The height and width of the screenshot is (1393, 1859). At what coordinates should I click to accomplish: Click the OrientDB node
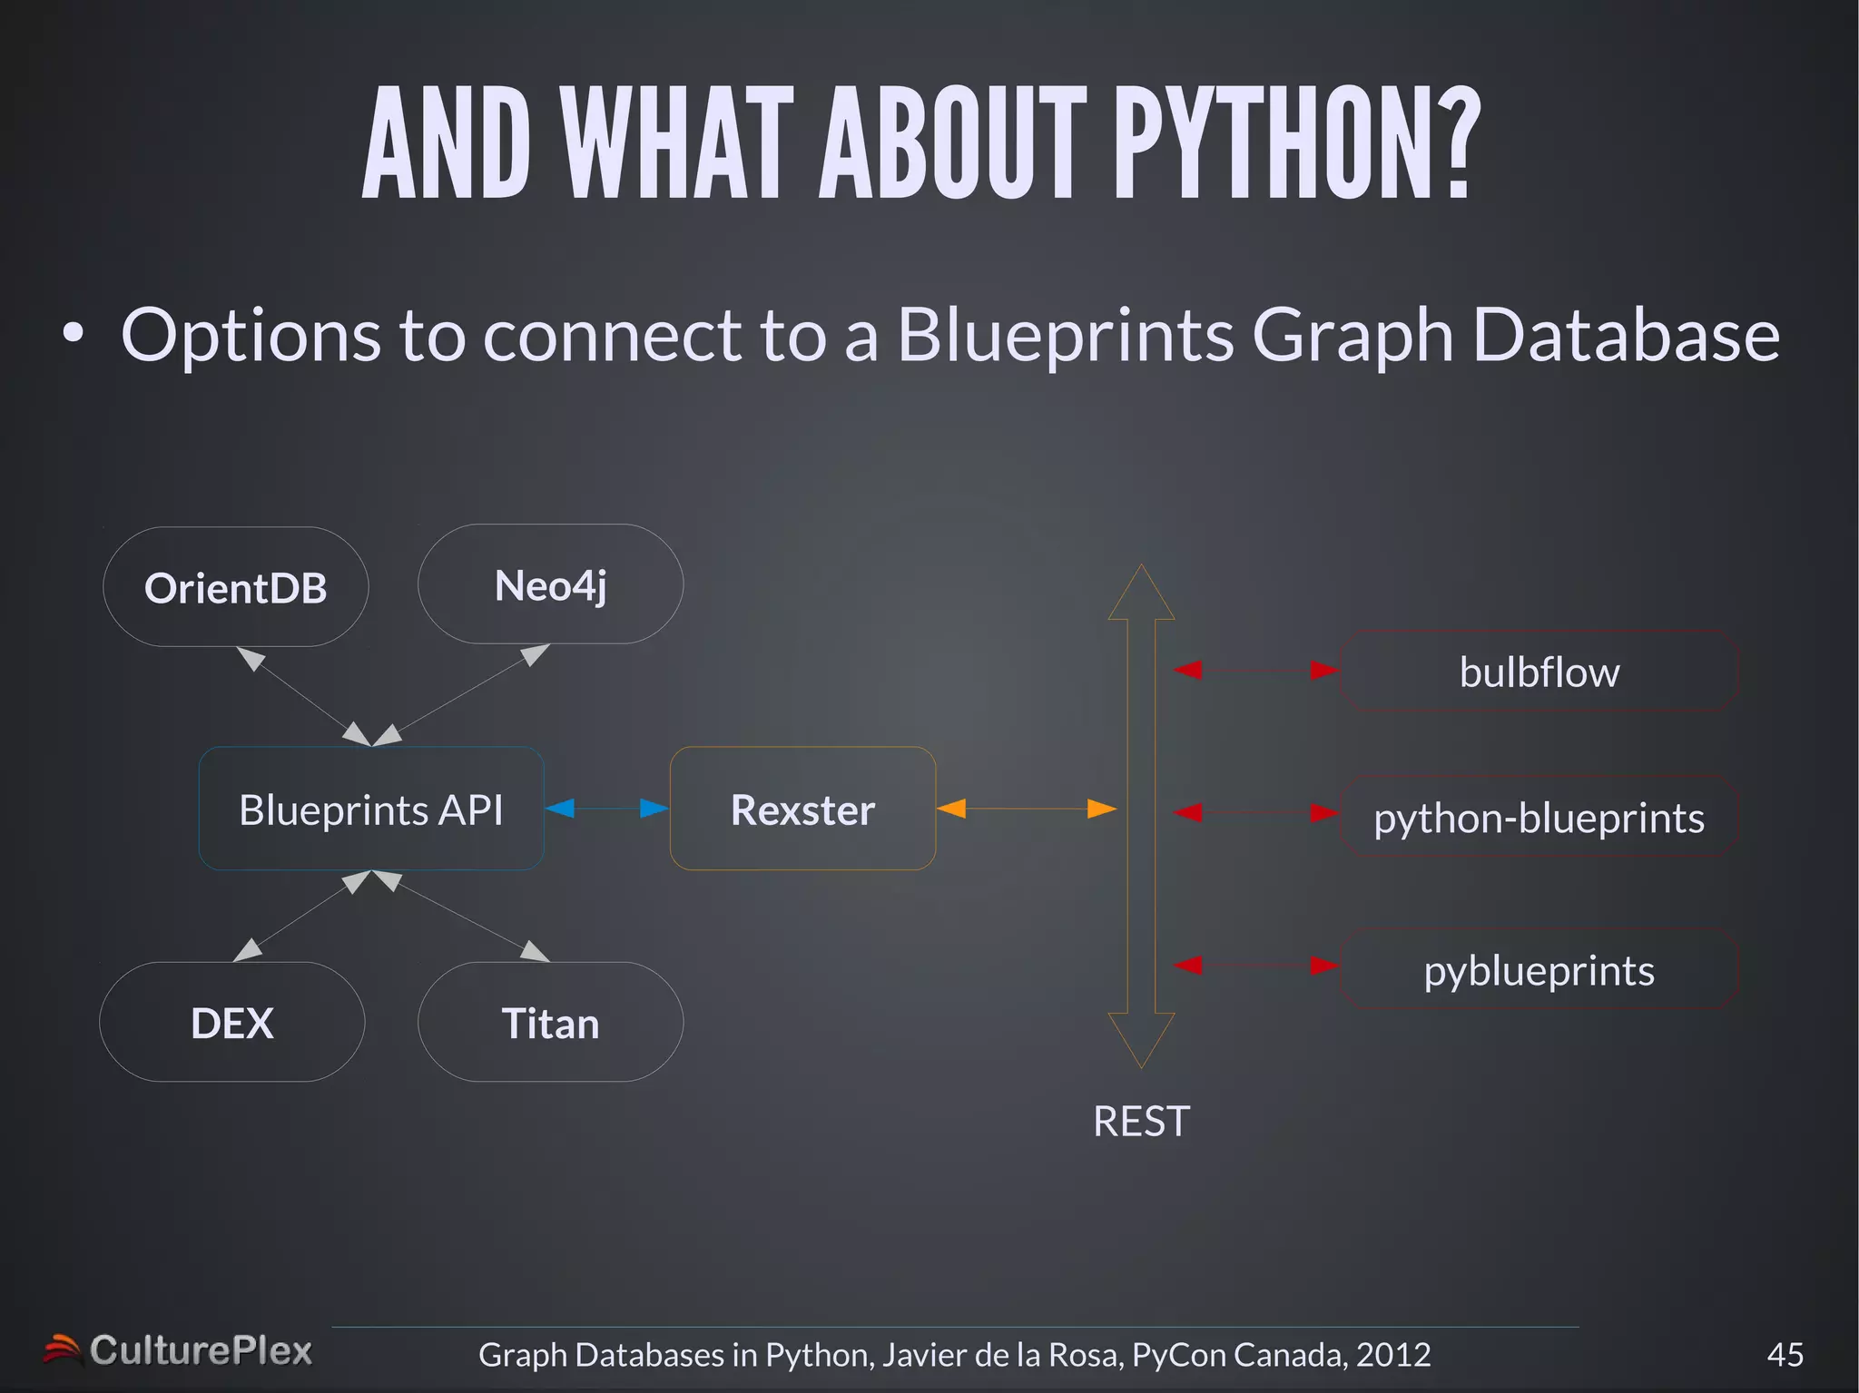tap(236, 588)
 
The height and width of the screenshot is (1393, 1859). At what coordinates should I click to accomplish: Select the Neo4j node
tap(550, 585)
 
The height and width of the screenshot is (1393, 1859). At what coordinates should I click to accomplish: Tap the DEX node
tap(232, 1023)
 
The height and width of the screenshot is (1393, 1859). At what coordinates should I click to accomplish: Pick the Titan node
tap(550, 1023)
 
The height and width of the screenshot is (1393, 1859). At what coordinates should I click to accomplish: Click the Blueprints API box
tap(371, 809)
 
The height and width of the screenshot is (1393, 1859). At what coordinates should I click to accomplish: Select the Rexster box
tap(802, 809)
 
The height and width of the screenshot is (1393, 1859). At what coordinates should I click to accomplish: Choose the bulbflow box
tap(1539, 672)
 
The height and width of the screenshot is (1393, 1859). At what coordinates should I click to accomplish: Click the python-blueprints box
tap(1539, 818)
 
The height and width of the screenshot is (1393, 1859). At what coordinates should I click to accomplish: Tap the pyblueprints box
tap(1539, 970)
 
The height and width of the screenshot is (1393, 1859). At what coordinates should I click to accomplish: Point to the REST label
tap(1141, 1122)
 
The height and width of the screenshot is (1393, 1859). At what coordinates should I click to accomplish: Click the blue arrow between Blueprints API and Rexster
tap(606, 808)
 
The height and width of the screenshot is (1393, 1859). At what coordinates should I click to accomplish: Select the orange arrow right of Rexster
tap(1026, 808)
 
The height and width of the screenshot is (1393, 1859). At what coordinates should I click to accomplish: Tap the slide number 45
tap(1785, 1354)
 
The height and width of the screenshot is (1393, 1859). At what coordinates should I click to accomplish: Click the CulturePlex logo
tap(179, 1350)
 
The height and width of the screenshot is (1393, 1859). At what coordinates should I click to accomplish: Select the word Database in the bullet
tap(1625, 335)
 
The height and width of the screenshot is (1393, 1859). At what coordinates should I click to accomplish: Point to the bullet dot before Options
tap(74, 334)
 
